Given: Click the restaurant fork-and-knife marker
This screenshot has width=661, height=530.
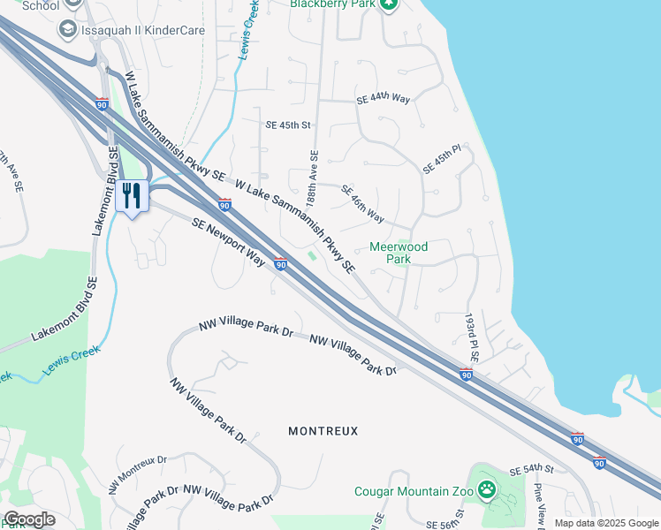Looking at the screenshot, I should tap(132, 196).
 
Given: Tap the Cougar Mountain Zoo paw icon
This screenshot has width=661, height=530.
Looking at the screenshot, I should tap(487, 489).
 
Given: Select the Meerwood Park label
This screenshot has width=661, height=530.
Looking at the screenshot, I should tap(398, 254).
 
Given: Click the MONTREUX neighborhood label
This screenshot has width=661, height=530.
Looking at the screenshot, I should tap(323, 431).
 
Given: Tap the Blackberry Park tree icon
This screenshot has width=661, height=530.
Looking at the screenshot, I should tap(387, 4).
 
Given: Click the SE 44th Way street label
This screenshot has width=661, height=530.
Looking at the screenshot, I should tap(383, 100).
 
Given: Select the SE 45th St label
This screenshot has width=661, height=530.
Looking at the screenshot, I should tap(289, 125).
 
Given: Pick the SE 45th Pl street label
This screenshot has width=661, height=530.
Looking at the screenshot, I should tap(442, 160).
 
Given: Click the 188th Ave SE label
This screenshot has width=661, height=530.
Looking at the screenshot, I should tap(313, 178).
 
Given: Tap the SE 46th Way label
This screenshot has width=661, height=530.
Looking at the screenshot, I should tap(361, 204).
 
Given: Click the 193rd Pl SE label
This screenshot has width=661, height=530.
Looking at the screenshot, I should tap(473, 336).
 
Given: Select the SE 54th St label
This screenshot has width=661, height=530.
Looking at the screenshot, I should tap(531, 471).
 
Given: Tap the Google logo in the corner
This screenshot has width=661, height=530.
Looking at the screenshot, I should tap(28, 519).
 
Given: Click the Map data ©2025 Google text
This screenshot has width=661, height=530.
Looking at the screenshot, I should tap(605, 523).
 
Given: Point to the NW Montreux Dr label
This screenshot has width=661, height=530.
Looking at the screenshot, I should tap(137, 475).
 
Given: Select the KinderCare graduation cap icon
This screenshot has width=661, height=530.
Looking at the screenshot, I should tap(67, 30).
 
